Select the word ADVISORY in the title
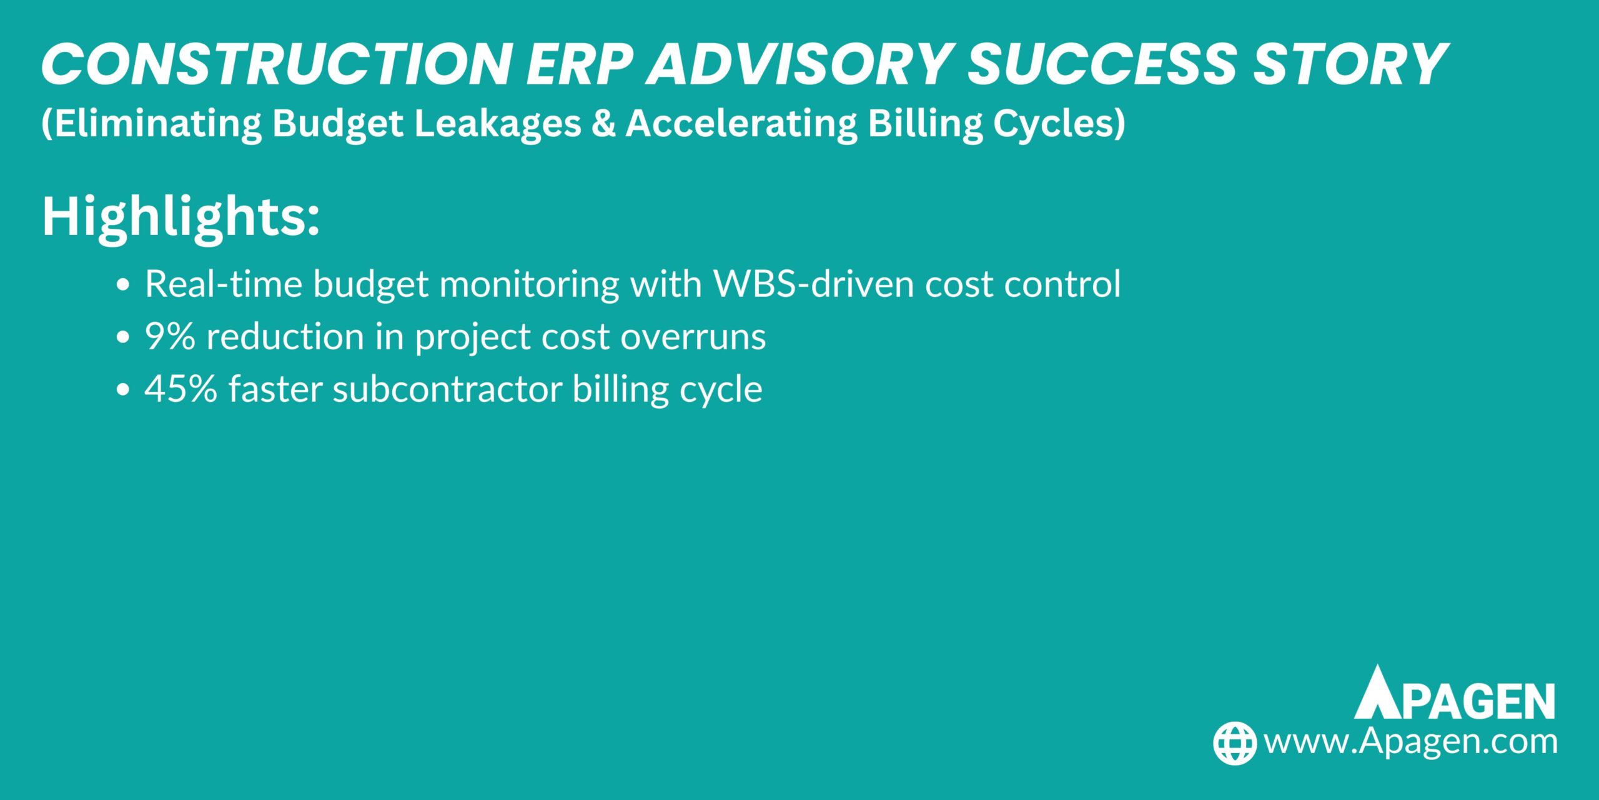pyautogui.click(x=798, y=64)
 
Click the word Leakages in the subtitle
pyautogui.click(x=498, y=123)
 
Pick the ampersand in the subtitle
pyautogui.click(x=603, y=123)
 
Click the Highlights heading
pyautogui.click(x=181, y=217)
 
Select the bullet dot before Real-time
pyautogui.click(x=124, y=285)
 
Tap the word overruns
pyautogui.click(x=693, y=337)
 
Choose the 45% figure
pyautogui.click(x=181, y=389)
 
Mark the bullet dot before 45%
pyautogui.click(x=124, y=390)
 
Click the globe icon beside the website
pyautogui.click(x=1234, y=742)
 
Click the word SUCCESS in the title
pyautogui.click(x=1102, y=64)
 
